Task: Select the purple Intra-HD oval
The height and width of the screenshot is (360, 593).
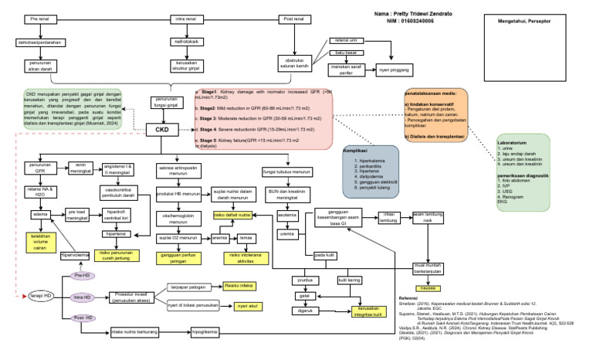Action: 80,297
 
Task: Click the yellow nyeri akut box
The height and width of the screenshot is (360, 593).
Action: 246,306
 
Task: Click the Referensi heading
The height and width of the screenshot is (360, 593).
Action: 408,297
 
